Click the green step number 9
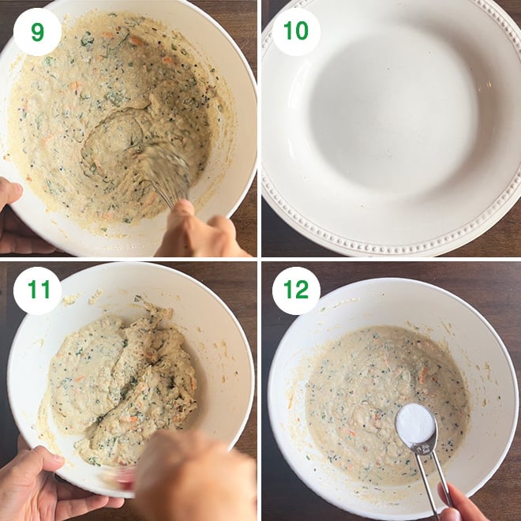click(x=37, y=32)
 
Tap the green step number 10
click(x=296, y=31)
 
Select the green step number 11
click(x=39, y=290)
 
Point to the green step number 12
click(x=296, y=290)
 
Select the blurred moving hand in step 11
click(x=196, y=478)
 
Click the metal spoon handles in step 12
click(x=432, y=478)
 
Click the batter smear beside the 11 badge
click(x=71, y=299)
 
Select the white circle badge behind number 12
click(x=296, y=290)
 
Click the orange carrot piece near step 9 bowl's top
click(x=136, y=41)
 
